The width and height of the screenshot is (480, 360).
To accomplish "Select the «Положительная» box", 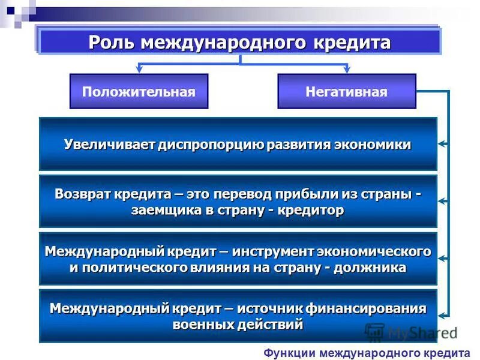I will tap(139, 91).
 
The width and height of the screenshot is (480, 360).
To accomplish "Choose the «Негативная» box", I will tap(346, 91).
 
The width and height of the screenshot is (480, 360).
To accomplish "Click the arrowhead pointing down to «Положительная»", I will tap(139, 70).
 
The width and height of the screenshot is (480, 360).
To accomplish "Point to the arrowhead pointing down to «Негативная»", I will tap(347, 70).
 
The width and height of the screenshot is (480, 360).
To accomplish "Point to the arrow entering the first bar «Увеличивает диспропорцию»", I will tap(443, 144).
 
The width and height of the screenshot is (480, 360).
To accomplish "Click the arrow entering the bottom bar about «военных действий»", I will tap(443, 316).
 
